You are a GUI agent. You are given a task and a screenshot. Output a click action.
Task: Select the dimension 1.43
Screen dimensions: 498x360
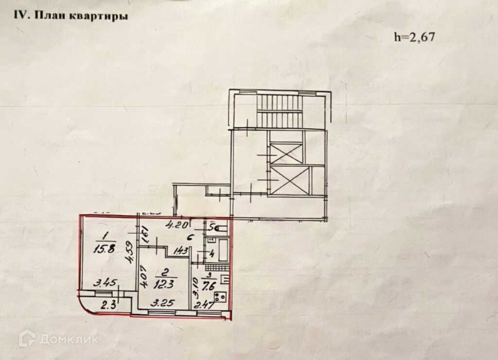pyautogui.click(x=180, y=252)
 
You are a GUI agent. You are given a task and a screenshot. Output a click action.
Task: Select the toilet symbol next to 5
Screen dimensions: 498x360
pyautogui.click(x=223, y=228)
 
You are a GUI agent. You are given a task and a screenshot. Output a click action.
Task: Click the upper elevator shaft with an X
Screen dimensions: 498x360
pyautogui.click(x=286, y=152)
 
